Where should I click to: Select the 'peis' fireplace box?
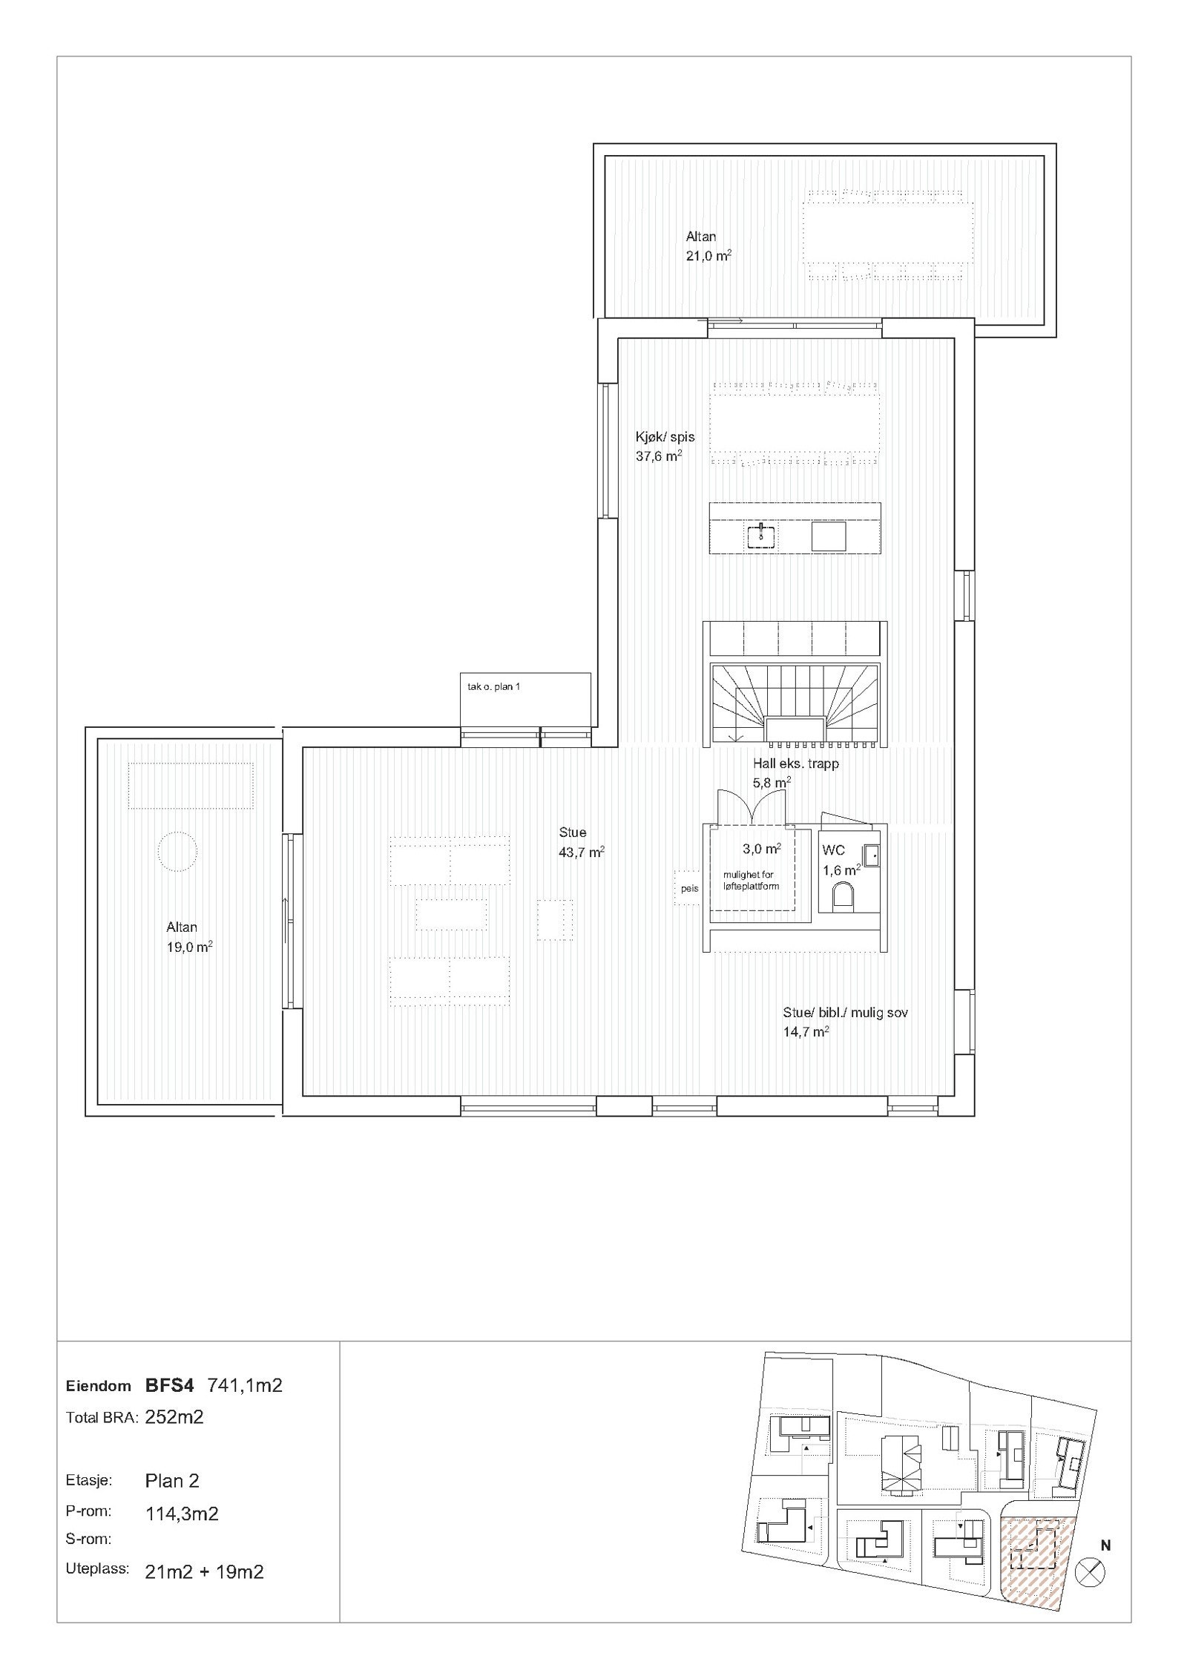point(689,888)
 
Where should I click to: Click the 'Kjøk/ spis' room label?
point(664,437)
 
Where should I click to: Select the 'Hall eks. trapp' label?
point(796,763)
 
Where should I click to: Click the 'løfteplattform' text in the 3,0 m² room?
point(752,886)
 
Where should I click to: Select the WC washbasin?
point(871,855)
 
